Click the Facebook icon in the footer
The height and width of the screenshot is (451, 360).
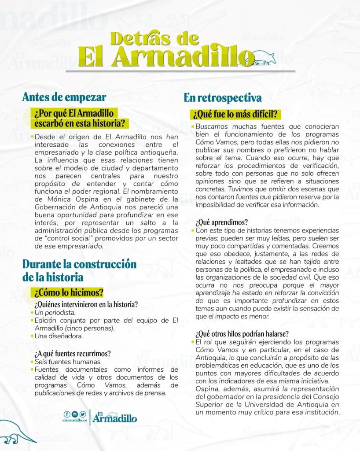pos(67,414)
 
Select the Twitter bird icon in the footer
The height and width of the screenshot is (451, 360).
pos(82,414)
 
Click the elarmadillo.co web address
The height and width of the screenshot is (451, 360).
pos(74,420)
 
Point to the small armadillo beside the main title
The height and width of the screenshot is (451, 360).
pos(268,56)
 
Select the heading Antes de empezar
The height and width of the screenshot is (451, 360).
pos(64,97)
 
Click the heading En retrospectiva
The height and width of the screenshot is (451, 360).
pos(223,97)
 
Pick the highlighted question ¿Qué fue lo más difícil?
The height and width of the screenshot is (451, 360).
pos(236,115)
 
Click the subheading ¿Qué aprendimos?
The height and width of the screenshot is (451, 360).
pos(222,222)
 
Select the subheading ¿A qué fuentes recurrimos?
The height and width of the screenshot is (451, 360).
pos(72,353)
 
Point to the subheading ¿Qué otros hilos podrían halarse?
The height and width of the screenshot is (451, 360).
pos(242,333)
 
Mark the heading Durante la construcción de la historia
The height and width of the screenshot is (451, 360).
pos(79,270)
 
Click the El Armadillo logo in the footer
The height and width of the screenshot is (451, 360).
pos(114,416)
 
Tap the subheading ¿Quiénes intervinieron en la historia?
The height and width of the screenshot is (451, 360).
pos(86,304)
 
